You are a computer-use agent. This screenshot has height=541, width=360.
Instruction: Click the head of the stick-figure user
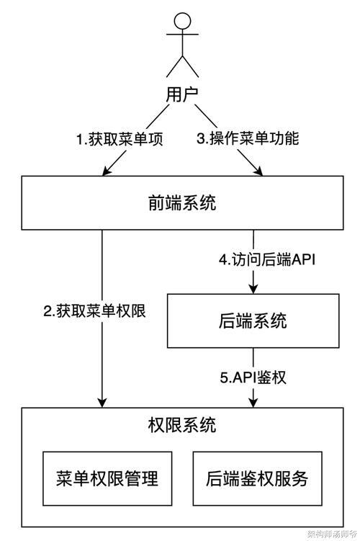pos(182,22)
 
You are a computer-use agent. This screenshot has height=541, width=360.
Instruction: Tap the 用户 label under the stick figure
pos(181,94)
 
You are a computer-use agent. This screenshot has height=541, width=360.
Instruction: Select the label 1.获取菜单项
pos(120,139)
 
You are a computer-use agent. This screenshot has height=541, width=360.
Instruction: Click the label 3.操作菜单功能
pos(248,138)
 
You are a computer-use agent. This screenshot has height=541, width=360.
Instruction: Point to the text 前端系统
pos(182,202)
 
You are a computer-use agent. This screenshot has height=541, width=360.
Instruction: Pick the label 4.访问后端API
pos(267,260)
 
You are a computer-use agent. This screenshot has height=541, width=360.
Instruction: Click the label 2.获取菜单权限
pos(94,311)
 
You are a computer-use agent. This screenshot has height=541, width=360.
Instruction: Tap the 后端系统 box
pos(253,321)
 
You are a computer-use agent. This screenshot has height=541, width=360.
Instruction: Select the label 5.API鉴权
pos(253,377)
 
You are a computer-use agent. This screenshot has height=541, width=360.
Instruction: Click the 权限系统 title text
pos(182,425)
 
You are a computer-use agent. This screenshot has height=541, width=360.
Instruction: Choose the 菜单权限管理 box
pos(107,478)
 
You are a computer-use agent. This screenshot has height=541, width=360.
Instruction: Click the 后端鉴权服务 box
pos(257,478)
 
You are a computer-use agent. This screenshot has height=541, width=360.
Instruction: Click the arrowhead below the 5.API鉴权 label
pos(253,403)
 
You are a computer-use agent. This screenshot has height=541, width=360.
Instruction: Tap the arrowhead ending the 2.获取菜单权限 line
pos(102,403)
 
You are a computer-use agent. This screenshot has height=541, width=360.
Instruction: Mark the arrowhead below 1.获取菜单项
pos(107,171)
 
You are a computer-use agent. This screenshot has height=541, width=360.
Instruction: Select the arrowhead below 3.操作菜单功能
pos(258,171)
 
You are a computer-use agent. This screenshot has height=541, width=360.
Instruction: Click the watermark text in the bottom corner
pos(332,535)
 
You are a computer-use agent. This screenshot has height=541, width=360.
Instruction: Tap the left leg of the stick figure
pos(174,66)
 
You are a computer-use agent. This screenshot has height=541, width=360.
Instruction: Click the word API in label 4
pos(303,260)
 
